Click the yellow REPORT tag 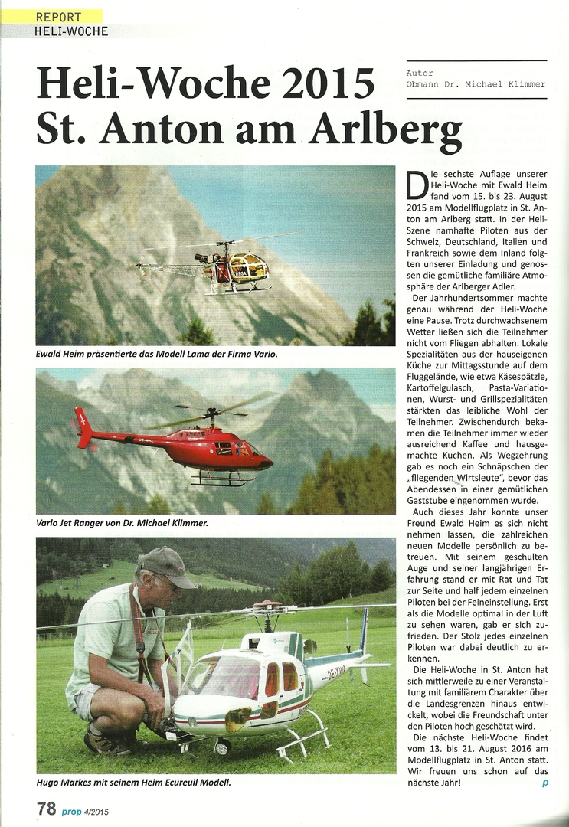(59, 16)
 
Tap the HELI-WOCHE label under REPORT (71, 31)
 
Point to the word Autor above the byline (420, 74)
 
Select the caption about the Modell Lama (156, 355)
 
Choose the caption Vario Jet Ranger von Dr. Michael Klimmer (122, 523)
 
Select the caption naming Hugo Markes (133, 782)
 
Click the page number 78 (47, 808)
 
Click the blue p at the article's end (544, 782)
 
